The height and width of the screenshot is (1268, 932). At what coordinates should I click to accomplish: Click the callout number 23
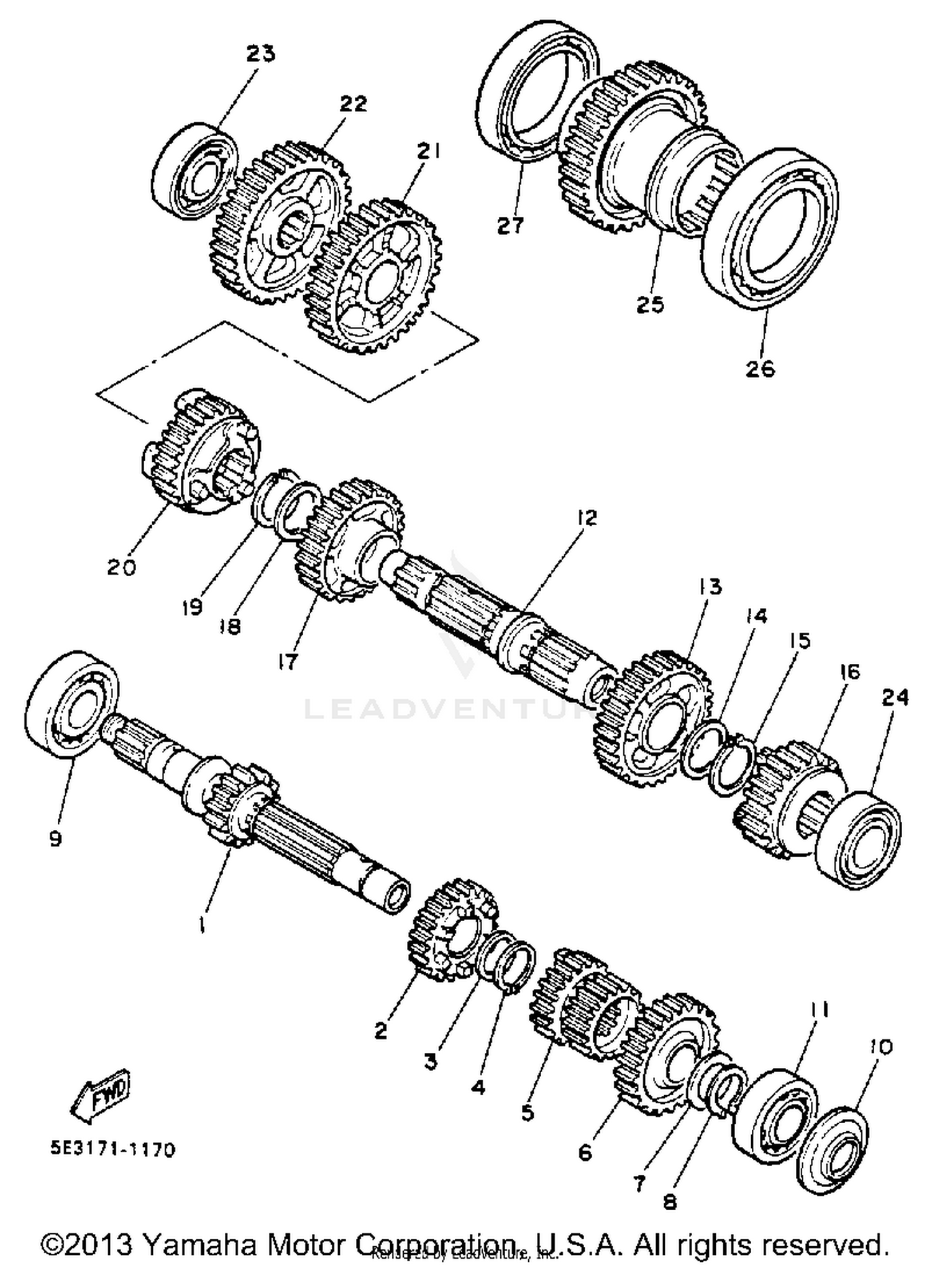[260, 54]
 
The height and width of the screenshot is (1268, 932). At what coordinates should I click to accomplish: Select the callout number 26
[761, 369]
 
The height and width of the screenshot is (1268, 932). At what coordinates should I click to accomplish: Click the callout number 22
[352, 104]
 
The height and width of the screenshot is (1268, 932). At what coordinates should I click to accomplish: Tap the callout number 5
[528, 1112]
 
